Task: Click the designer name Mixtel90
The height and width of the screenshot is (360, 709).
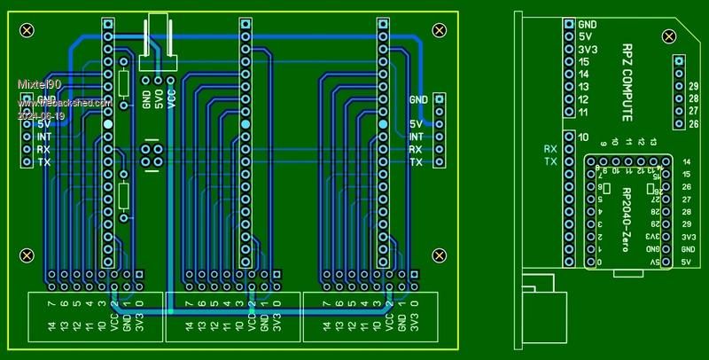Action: click(x=38, y=82)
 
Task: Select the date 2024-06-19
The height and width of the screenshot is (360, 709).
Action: click(x=42, y=116)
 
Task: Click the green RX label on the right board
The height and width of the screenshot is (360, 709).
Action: click(x=550, y=149)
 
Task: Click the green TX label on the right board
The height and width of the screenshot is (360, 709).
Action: click(x=550, y=162)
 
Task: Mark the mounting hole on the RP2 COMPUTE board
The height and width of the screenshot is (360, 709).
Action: click(x=668, y=35)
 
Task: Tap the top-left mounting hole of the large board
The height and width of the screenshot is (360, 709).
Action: click(x=27, y=30)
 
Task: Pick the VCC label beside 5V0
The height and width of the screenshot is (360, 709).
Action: click(x=171, y=98)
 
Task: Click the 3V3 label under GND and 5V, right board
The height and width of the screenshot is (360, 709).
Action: click(x=587, y=50)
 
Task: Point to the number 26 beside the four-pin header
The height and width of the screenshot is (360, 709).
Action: click(x=694, y=123)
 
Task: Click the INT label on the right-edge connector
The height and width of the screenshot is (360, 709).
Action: click(x=416, y=137)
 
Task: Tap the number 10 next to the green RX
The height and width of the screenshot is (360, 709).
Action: click(x=583, y=137)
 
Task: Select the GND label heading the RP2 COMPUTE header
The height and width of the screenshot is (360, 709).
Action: click(x=587, y=25)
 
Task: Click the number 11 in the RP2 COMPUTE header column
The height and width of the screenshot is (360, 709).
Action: click(x=584, y=113)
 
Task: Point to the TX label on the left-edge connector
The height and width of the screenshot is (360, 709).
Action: click(x=44, y=162)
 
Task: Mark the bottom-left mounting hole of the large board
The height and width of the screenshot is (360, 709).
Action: click(x=27, y=255)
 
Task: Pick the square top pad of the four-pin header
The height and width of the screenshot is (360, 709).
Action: click(x=679, y=60)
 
